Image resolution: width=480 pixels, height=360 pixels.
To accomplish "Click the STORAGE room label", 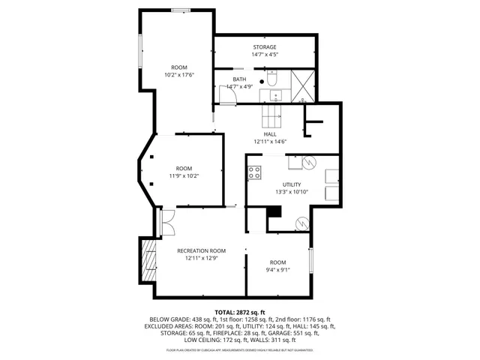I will click(264, 46).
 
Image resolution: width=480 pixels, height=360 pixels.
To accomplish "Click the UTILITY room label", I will click(292, 184).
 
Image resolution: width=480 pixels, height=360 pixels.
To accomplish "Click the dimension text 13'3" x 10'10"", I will click(292, 192).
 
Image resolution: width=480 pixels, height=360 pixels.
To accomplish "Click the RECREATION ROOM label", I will click(201, 250).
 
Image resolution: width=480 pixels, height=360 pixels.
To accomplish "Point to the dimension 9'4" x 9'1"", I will click(278, 270).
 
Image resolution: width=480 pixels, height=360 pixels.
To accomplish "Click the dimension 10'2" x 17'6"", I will click(179, 76).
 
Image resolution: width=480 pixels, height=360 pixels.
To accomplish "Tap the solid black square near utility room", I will click(274, 212).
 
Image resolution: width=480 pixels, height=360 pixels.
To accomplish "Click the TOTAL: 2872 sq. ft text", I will click(240, 312).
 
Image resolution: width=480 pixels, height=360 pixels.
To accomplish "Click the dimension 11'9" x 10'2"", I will click(184, 176).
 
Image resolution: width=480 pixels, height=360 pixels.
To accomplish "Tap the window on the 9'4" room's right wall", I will click(311, 260).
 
